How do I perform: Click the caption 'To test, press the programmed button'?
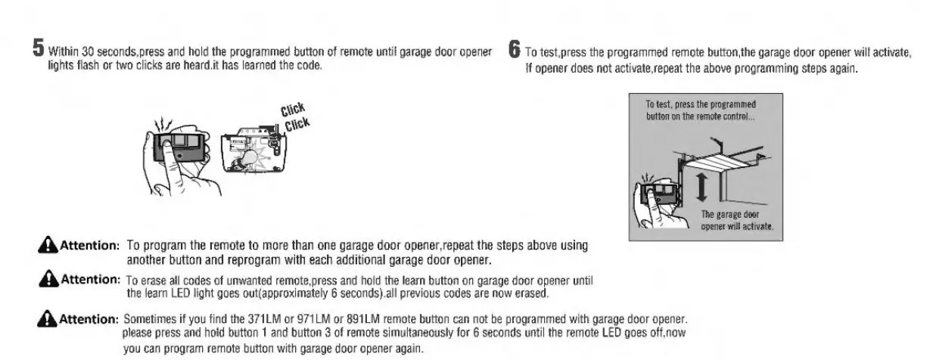tap(701, 110)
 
